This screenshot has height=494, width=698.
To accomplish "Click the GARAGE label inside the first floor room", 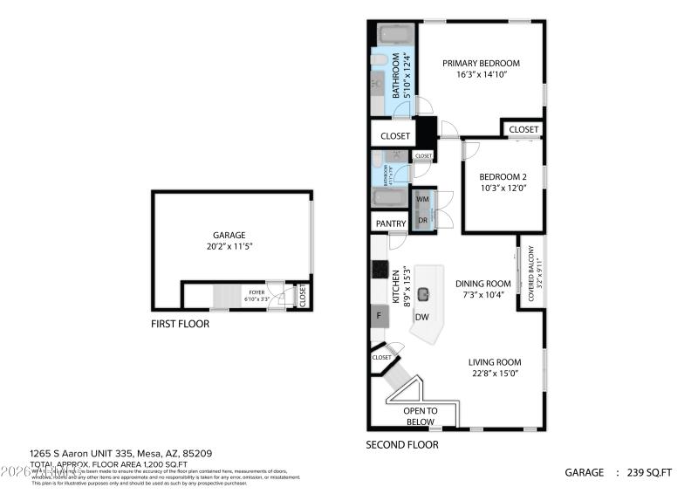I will coord(229,235).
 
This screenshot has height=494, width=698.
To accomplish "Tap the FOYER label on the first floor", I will coord(257,292).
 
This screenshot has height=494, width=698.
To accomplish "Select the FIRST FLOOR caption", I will coord(180,324).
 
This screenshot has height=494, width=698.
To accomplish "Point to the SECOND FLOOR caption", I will coord(402,444).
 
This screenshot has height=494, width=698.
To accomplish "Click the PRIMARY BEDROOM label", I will coord(481,63).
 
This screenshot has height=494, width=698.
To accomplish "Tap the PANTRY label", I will coord(391,223).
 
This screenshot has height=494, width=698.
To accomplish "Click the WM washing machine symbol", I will coord(422,199).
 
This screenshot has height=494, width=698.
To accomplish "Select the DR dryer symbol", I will coord(422,221).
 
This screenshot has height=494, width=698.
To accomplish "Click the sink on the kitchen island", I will coord(425,295).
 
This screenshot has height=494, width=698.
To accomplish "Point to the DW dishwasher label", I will coord(421,317).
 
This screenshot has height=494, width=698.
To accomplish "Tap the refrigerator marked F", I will coord(379,316).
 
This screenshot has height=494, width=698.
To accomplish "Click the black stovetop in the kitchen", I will coord(380,270).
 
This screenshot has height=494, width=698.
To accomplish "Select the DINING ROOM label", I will coord(482,283).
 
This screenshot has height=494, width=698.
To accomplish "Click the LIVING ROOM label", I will coord(494,362).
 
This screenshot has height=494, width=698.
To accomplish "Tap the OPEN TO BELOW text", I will coord(420,416).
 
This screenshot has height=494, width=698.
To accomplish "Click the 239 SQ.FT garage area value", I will coord(649,472).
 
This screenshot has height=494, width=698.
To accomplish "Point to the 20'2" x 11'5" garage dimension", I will coord(229,246).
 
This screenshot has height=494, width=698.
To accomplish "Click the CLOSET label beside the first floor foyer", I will coord(303,295).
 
